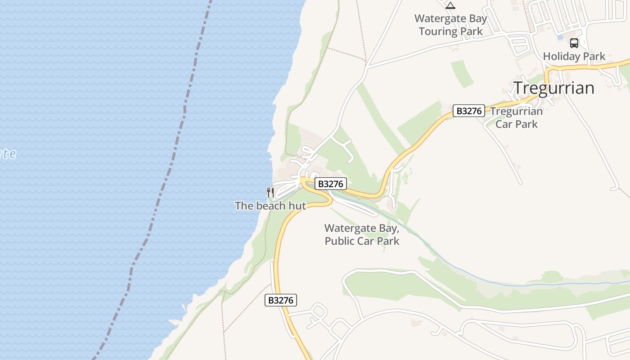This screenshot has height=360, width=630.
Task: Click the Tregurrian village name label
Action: [554, 88]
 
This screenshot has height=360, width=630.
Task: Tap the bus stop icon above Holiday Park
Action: [574, 43]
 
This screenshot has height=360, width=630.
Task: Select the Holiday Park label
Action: [574, 57]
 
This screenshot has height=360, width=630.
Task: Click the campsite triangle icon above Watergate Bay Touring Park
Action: [450, 5]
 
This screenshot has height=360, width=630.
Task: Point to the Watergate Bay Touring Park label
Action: [451, 25]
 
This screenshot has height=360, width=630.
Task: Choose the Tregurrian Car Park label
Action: [517, 117]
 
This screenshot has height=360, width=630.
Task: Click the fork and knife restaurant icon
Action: [270, 193]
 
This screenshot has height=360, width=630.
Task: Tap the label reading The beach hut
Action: [270, 206]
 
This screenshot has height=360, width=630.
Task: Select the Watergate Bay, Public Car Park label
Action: [362, 234]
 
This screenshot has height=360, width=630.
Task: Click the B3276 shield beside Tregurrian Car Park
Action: [468, 111]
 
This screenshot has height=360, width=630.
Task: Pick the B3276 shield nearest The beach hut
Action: [331, 184]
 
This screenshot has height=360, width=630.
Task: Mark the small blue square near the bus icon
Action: [560, 38]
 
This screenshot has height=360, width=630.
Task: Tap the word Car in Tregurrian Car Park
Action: [504, 124]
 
